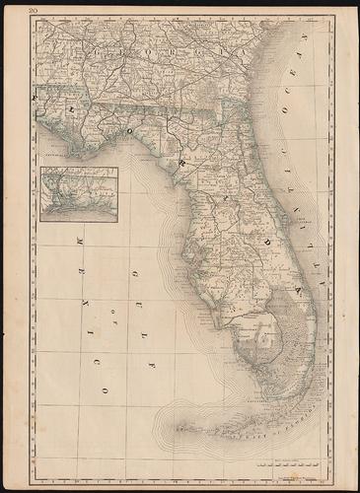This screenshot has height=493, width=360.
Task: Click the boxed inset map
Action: (80, 194)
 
